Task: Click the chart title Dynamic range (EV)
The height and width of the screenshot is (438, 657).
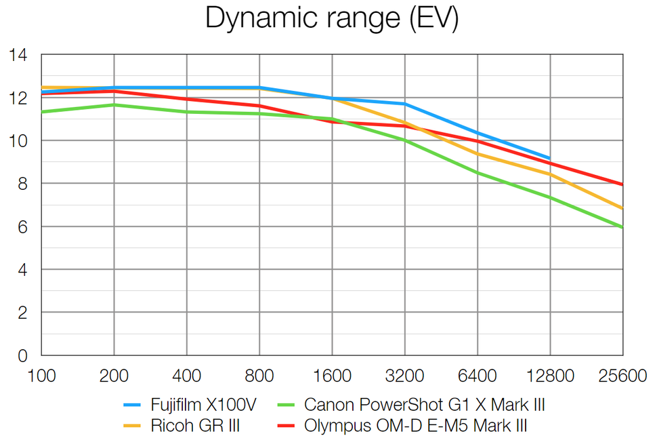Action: [332, 18]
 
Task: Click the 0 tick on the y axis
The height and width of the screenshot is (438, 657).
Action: [22, 356]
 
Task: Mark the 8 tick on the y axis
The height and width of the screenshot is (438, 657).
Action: [22, 184]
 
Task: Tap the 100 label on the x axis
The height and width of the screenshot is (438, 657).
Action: [41, 376]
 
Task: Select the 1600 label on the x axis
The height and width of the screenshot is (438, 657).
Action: [332, 376]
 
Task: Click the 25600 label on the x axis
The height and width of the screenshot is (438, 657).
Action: [622, 376]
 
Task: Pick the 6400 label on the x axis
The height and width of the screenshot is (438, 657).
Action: [478, 376]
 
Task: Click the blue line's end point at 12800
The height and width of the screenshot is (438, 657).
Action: [550, 158]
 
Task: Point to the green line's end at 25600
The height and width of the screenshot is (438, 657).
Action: [622, 227]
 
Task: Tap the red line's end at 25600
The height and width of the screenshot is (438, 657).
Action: [622, 184]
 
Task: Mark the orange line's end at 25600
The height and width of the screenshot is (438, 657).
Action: [622, 208]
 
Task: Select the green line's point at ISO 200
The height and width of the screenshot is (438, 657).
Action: [114, 104]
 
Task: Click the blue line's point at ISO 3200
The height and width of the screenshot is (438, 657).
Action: [405, 104]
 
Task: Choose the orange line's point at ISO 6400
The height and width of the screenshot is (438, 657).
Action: [478, 154]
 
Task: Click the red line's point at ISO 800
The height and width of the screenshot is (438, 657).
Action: [259, 106]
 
